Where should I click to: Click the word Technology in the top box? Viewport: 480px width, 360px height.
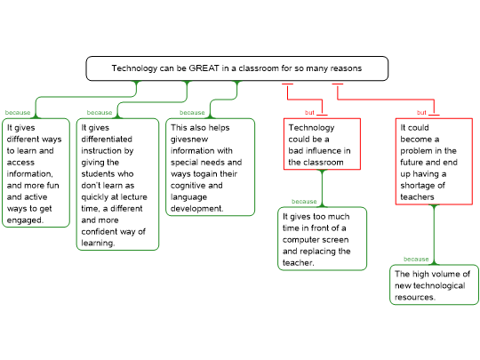[x=134, y=68]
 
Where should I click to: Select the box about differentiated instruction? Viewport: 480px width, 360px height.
[x=117, y=184]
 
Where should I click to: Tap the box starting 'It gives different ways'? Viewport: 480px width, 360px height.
[x=36, y=173]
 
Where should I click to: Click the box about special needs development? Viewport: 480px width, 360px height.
[x=211, y=167]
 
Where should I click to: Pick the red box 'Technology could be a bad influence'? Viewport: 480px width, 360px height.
[x=322, y=144]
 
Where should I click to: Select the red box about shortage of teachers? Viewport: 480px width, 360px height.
[x=434, y=161]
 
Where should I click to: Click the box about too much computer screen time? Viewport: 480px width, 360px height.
[x=322, y=239]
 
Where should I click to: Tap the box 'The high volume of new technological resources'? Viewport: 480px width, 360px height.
[x=434, y=284]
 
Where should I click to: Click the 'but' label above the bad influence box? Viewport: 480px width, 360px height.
[x=309, y=113]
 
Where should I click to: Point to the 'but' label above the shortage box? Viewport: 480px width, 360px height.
[x=421, y=113]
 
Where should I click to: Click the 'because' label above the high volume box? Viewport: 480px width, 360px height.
[x=416, y=260]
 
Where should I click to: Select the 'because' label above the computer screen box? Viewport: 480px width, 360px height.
[x=304, y=202]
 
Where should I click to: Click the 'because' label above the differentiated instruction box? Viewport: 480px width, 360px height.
[x=100, y=113]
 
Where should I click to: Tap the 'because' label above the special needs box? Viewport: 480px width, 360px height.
[x=192, y=113]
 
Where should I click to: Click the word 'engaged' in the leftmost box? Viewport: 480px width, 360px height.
[x=25, y=220]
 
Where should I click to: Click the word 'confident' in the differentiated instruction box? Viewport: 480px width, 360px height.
[x=100, y=232]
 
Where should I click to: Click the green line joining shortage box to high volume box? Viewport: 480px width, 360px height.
[x=434, y=235]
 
